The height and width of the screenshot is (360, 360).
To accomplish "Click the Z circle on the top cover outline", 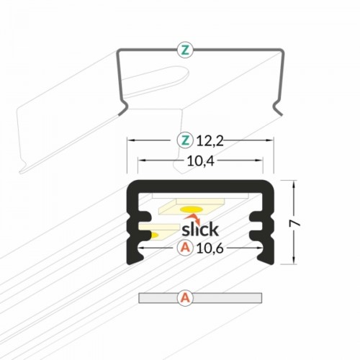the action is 185,50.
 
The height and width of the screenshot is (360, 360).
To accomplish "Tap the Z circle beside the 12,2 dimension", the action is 185,140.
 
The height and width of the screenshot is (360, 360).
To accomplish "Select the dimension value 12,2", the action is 210,141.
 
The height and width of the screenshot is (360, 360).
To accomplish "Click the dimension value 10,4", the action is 201,161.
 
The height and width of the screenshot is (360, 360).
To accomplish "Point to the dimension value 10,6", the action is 210,248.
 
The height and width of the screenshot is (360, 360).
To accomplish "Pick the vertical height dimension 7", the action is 295,223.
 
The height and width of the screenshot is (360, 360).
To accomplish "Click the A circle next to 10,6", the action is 185,248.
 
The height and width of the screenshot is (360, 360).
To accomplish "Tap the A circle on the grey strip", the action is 185,298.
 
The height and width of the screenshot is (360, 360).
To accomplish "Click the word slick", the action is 200,229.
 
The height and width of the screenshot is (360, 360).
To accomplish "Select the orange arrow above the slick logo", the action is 193,218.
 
